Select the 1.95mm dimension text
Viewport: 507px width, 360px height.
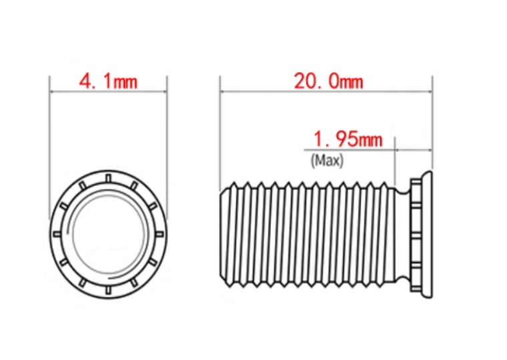pyautogui.click(x=348, y=139)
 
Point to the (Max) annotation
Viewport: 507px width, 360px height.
pyautogui.click(x=327, y=161)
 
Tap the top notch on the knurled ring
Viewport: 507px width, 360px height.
pyautogui.click(x=109, y=179)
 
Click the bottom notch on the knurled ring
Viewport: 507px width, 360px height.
pyautogui.click(x=109, y=290)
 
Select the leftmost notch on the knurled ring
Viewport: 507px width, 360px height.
pyautogui.click(x=57, y=234)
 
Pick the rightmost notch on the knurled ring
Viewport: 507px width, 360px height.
pyautogui.click(x=159, y=234)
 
